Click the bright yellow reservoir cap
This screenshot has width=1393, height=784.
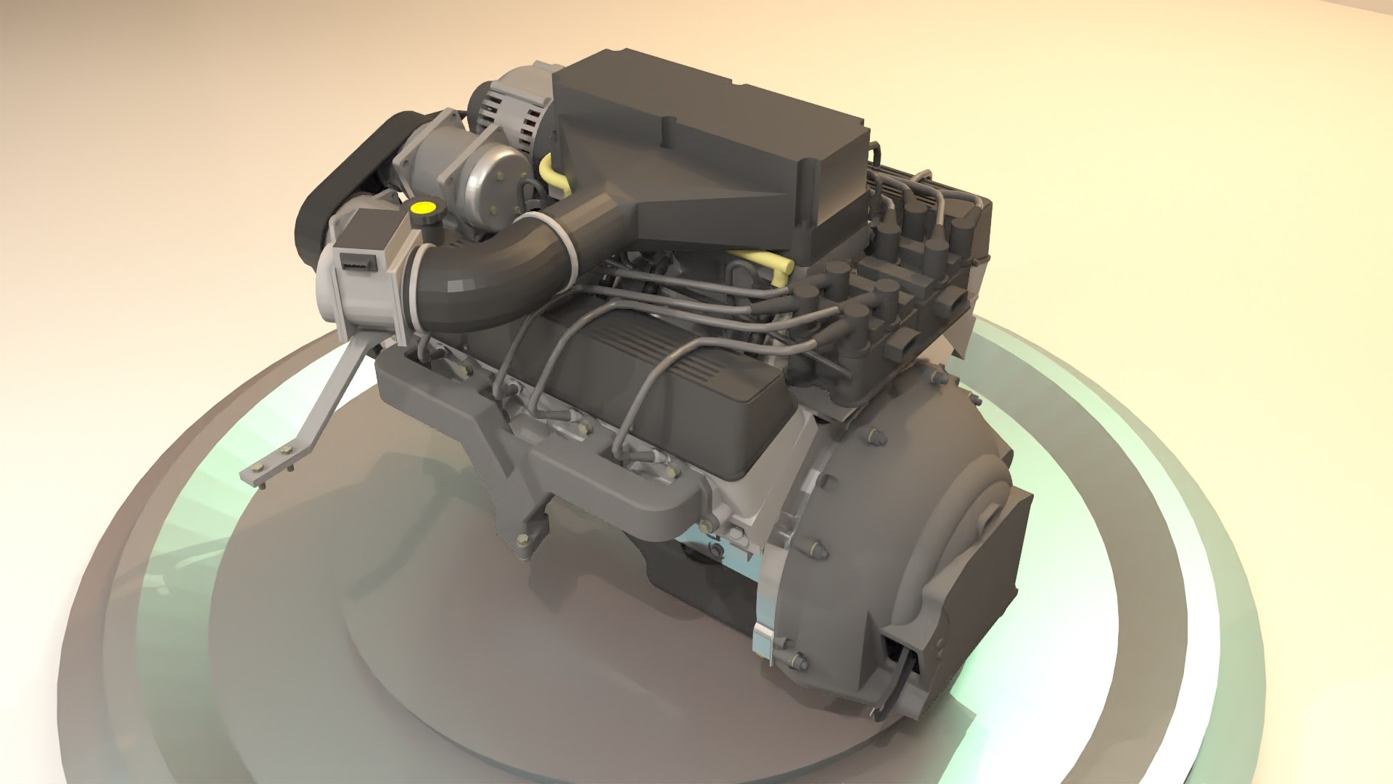421,208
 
